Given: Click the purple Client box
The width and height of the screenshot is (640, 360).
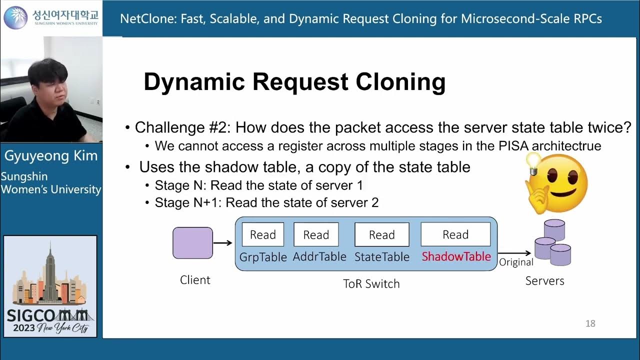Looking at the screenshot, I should [192, 243].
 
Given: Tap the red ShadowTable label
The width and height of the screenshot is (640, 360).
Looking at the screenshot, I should [456, 256].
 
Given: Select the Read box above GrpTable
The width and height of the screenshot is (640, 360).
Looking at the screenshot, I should [263, 234].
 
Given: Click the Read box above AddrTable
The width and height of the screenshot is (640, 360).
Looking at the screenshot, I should [316, 234].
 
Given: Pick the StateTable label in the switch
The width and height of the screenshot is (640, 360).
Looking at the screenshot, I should [381, 257].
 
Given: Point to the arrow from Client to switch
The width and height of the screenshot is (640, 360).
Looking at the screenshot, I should [222, 243].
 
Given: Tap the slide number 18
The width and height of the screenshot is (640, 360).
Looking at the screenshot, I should [590, 323].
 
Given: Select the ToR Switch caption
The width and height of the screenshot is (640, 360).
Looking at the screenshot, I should [371, 283].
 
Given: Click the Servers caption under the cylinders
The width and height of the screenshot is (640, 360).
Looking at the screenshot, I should [544, 281].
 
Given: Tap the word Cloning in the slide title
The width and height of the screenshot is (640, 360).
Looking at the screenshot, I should [400, 82].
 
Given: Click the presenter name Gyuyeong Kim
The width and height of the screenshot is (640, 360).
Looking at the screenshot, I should [51, 156].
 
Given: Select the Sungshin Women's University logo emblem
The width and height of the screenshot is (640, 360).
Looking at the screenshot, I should [15, 17].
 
